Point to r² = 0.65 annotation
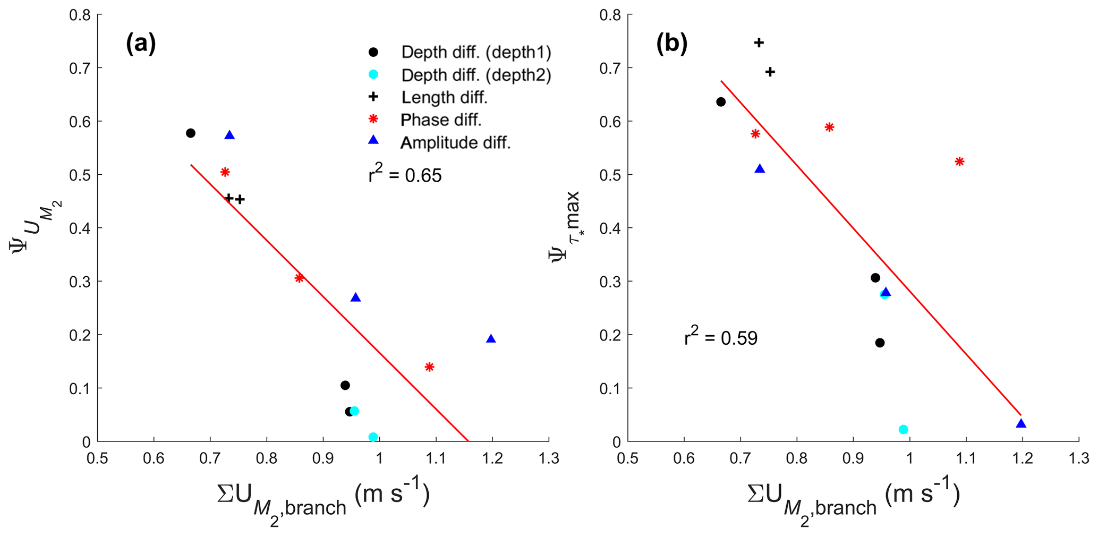tap(405, 174)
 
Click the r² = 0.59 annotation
tap(721, 337)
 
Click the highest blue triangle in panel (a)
tap(229, 135)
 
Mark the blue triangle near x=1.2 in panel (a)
tap(491, 339)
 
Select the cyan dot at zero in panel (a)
tap(373, 437)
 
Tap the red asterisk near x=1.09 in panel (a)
tap(429, 367)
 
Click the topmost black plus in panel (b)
tap(759, 42)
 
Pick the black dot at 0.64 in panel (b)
tap(721, 102)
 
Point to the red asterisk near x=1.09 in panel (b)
tap(959, 161)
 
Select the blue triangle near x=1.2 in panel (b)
tap(1020, 423)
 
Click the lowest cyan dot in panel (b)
tap(903, 429)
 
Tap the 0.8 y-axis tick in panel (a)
tap(80, 15)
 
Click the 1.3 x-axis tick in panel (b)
tap(1078, 458)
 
